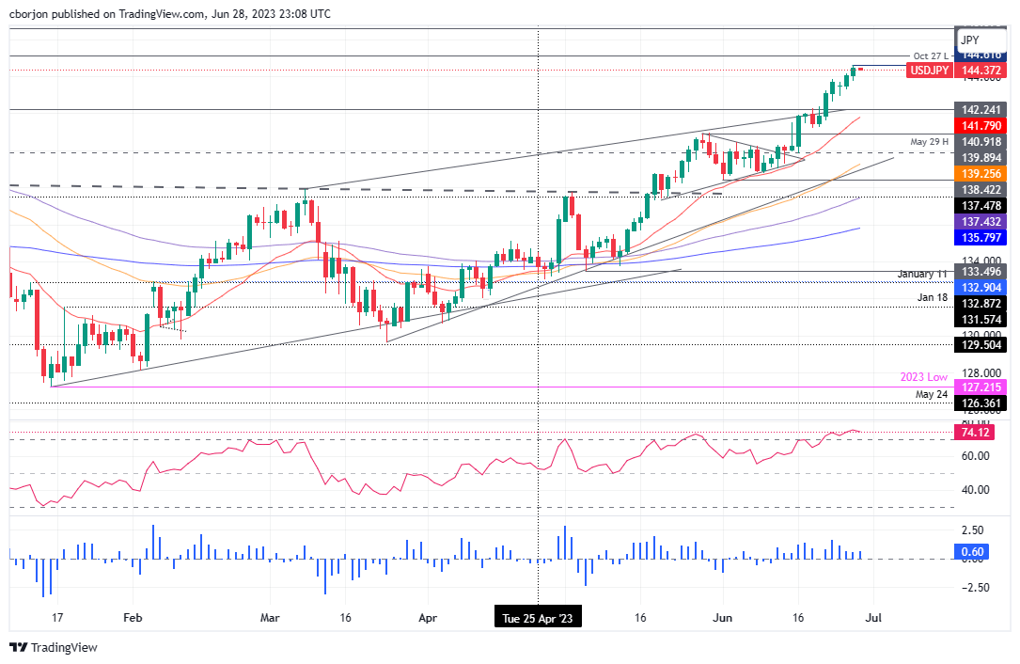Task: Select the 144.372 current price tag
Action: [981, 71]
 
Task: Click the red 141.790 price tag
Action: [981, 125]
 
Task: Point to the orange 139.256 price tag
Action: [981, 175]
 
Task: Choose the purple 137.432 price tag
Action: [981, 219]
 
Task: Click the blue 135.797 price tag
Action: [981, 237]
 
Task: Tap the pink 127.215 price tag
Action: [981, 387]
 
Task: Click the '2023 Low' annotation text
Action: [924, 376]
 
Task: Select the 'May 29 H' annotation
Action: [929, 141]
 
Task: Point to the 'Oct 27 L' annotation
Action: [930, 55]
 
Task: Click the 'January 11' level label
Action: [920, 274]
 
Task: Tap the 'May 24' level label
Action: [933, 394]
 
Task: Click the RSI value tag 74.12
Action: [972, 433]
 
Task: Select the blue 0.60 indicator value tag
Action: [972, 551]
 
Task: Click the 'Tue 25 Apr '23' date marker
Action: [537, 619]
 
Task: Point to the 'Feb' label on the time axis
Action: [133, 619]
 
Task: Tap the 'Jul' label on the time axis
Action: [873, 619]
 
